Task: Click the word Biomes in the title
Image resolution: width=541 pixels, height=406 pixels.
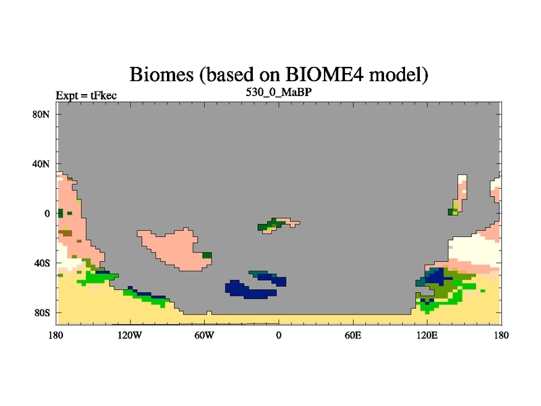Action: point(162,74)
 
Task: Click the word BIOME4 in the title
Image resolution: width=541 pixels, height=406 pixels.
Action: point(325,74)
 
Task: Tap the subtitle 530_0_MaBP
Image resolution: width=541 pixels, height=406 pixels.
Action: point(279,93)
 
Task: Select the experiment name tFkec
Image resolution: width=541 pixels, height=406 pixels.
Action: point(103,95)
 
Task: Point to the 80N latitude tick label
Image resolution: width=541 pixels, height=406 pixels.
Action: point(41,114)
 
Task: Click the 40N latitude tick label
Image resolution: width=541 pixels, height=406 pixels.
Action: point(41,164)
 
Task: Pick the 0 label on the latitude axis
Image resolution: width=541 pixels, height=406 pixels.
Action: point(47,213)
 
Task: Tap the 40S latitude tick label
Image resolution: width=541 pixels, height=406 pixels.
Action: point(41,263)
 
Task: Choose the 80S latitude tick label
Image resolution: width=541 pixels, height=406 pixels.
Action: point(41,313)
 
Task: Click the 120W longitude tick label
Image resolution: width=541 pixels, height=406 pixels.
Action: point(130,335)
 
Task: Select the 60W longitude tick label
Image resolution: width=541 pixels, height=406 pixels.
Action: point(204,335)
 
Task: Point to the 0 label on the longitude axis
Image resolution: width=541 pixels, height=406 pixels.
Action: point(279,335)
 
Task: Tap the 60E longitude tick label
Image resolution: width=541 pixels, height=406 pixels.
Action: point(353,335)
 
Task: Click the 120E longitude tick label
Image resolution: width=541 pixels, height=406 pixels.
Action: point(427,335)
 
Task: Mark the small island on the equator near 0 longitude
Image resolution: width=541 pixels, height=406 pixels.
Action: point(278,226)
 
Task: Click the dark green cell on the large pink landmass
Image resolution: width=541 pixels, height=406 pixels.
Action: point(207,256)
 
